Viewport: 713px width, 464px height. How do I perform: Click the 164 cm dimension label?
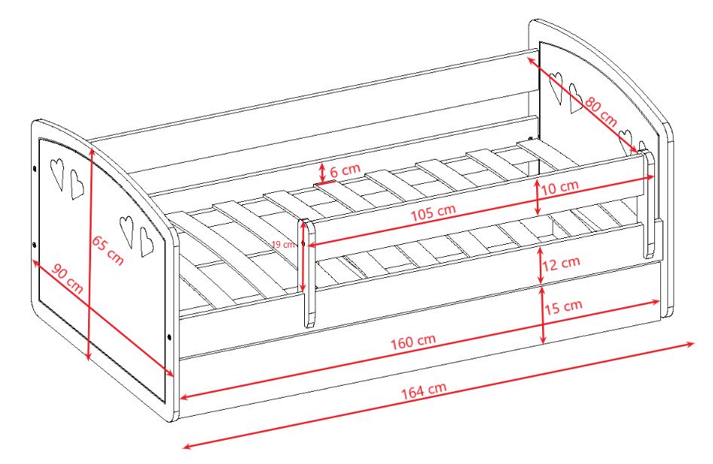click(423, 390)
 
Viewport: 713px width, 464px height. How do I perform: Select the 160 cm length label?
click(413, 342)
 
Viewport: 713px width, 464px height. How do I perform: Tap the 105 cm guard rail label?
click(433, 213)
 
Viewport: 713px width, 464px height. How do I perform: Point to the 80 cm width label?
click(601, 112)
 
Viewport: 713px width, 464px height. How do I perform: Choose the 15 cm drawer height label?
click(563, 307)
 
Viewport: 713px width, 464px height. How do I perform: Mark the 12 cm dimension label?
click(561, 263)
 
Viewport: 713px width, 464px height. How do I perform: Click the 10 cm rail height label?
click(559, 187)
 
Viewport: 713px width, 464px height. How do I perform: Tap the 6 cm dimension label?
click(345, 171)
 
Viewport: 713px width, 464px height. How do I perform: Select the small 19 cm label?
click(283, 244)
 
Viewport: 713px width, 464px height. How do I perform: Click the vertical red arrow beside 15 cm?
click(543, 315)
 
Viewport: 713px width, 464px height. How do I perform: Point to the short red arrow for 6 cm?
click(322, 172)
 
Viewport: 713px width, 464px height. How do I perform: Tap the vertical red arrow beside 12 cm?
click(541, 264)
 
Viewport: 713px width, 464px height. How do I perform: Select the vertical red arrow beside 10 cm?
click(537, 197)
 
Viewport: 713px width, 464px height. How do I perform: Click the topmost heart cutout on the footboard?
click(56, 173)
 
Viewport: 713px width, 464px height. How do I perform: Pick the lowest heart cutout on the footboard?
click(146, 241)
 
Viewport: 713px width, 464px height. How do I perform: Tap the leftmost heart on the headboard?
click(556, 87)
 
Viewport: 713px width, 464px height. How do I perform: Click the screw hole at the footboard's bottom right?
click(169, 337)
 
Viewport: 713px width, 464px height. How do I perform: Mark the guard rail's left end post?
click(308, 273)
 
